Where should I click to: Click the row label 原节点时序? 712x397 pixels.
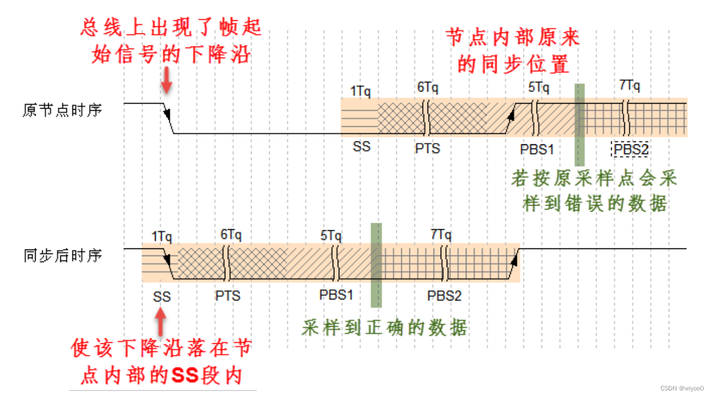62,110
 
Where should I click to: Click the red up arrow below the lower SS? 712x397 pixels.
161,322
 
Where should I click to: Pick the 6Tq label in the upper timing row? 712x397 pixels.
427,88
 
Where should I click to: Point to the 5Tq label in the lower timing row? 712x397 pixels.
331,235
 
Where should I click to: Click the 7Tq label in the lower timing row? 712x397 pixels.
441,235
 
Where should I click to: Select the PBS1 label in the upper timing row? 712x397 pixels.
537,149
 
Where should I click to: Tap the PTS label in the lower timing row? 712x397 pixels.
227,296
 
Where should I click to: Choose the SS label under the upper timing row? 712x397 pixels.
362,147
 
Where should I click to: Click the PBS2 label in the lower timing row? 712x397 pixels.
445,296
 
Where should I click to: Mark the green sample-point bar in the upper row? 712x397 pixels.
579,124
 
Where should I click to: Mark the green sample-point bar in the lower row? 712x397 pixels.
376,265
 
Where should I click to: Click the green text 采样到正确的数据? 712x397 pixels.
384,328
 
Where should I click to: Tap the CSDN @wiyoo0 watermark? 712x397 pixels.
682,388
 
